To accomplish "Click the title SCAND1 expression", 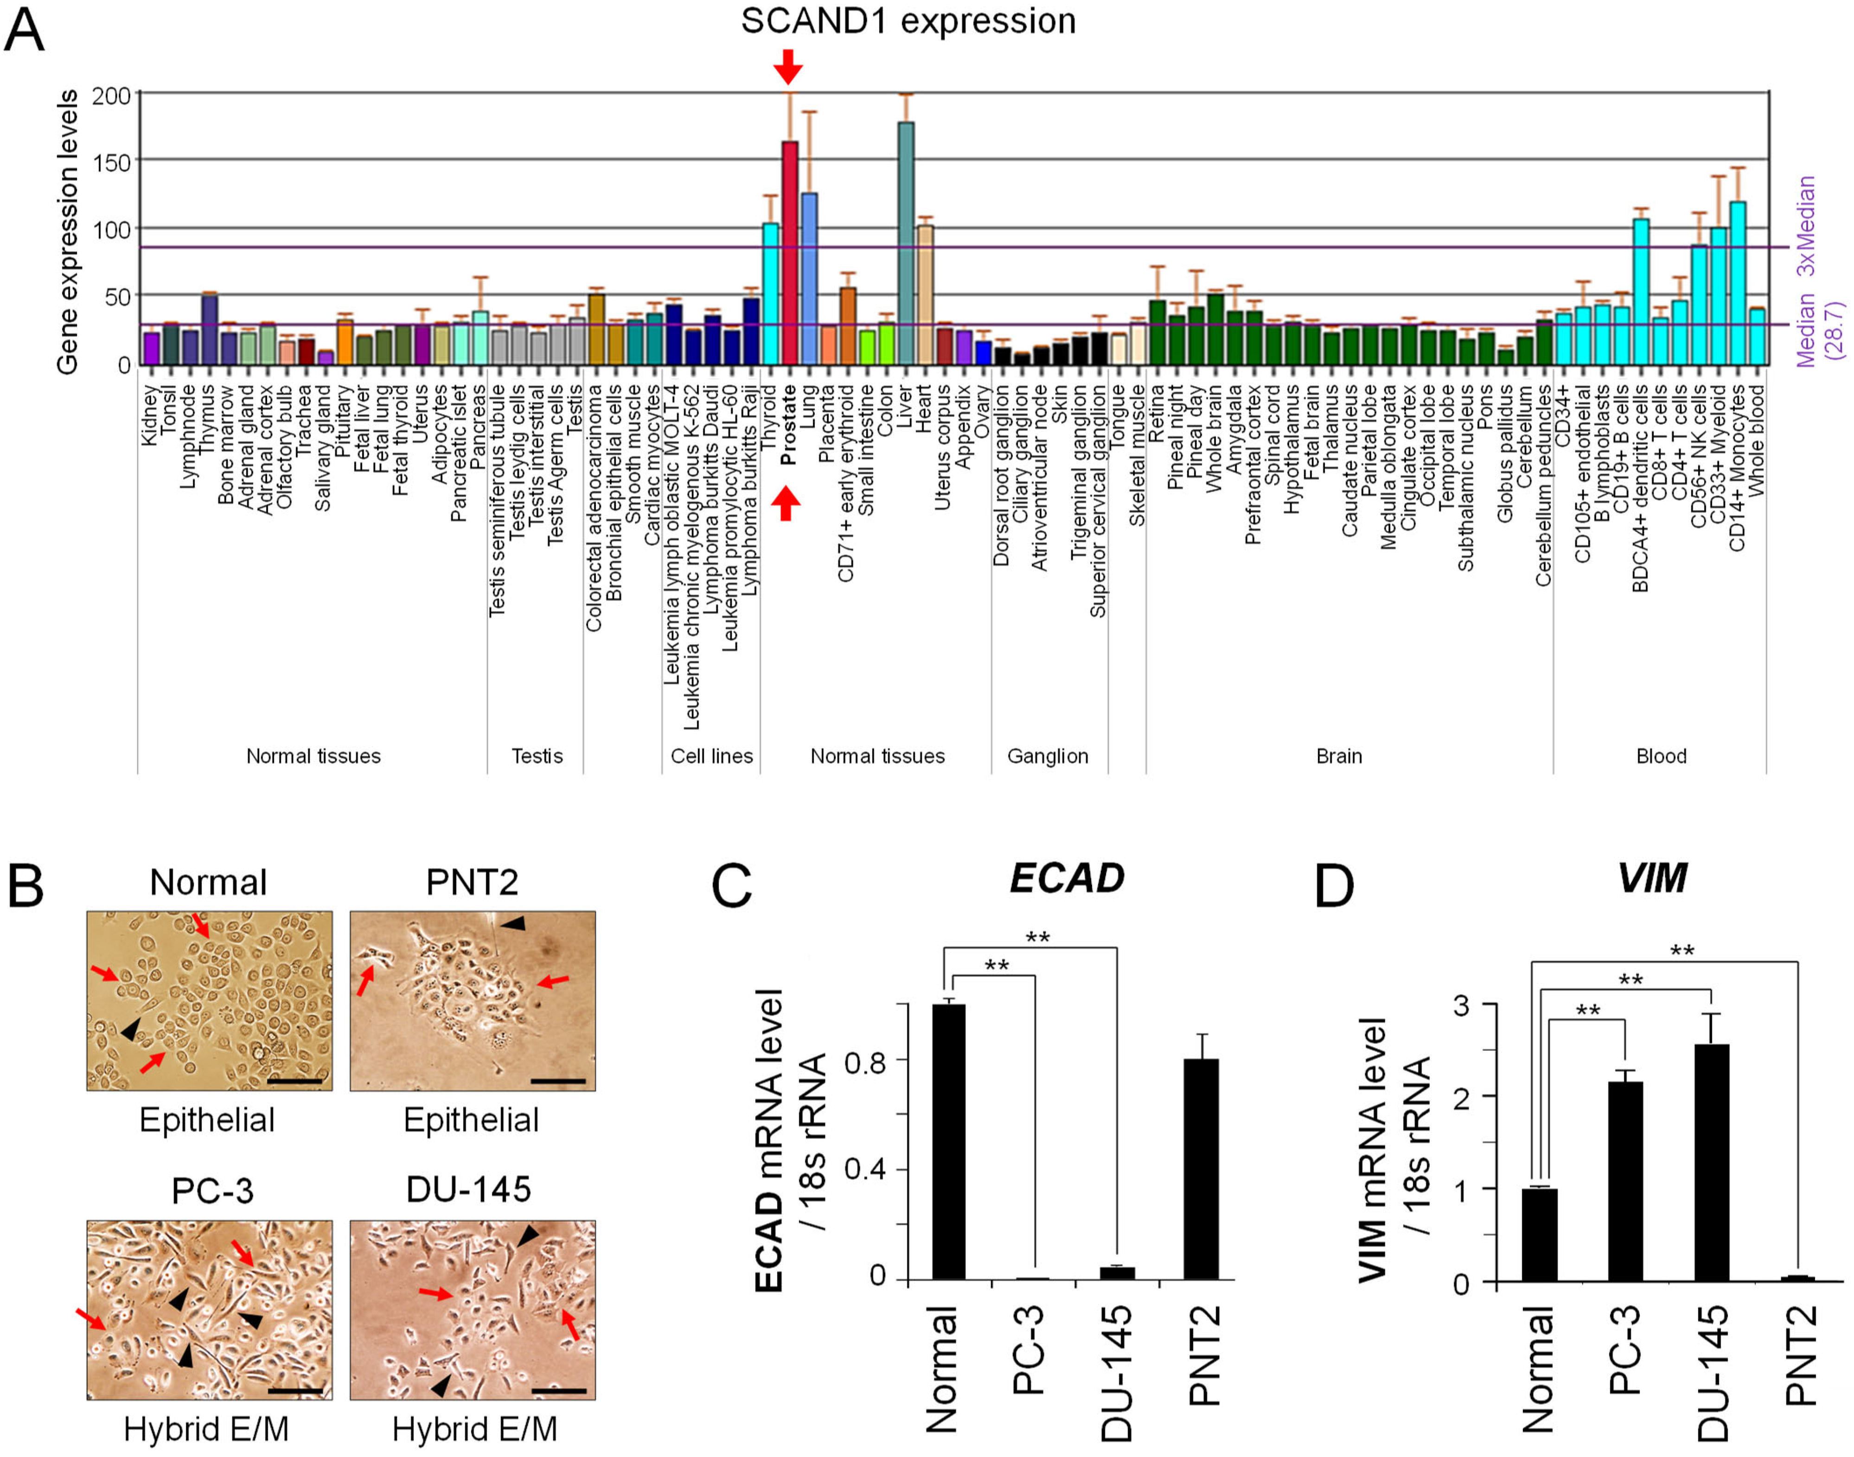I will click(908, 21).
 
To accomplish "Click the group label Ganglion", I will click(1048, 756).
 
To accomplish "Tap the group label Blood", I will click(1660, 756).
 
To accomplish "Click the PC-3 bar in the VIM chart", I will click(1625, 1182).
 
